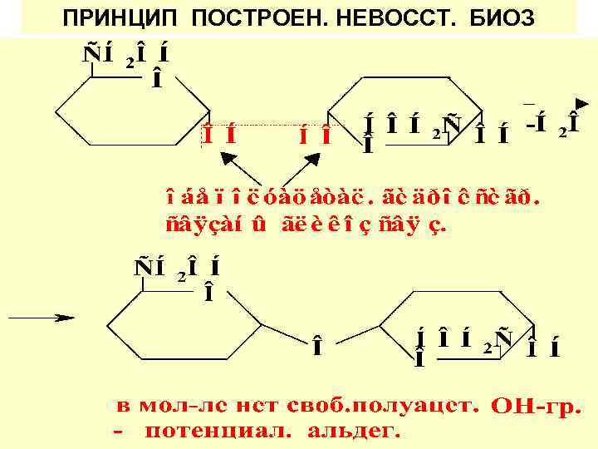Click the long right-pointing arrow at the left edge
tap(39, 318)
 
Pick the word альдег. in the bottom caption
tap(355, 432)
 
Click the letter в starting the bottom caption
tap(122, 407)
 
